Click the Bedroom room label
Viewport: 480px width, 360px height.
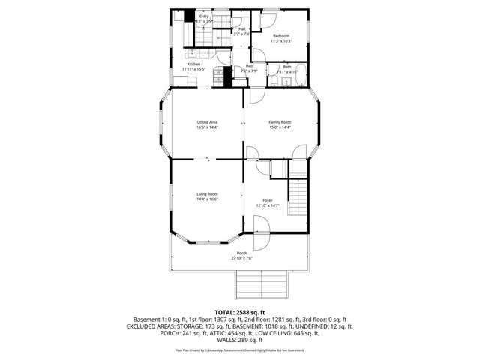point(281,36)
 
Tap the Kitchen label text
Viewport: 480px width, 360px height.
point(193,64)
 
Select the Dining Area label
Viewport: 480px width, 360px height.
point(208,122)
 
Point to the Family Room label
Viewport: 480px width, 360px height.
point(280,122)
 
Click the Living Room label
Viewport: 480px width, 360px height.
point(207,194)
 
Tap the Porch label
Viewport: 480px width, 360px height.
point(241,253)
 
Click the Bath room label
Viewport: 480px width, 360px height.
point(287,67)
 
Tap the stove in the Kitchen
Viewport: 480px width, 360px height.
point(218,75)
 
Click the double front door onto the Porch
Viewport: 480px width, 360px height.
point(260,234)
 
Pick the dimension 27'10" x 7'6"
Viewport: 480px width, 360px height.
point(241,258)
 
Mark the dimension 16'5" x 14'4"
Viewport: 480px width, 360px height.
point(208,127)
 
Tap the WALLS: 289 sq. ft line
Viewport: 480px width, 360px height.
point(240,340)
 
